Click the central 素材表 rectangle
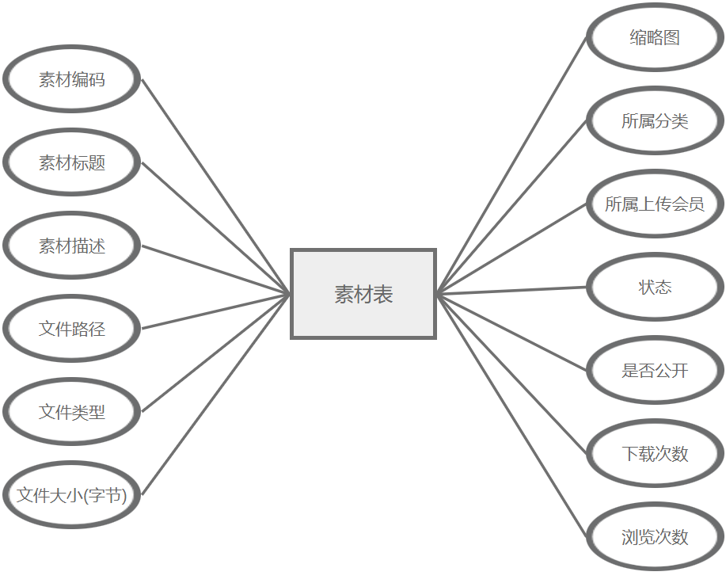tap(363, 294)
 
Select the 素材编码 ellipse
tap(72, 79)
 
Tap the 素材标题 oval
tap(72, 162)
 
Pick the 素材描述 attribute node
tap(72, 246)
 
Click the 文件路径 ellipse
tap(72, 328)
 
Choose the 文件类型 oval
tap(72, 411)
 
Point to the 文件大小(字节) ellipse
tap(72, 495)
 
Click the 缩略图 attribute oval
tap(655, 37)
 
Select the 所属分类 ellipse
tap(655, 120)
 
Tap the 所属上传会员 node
tap(655, 204)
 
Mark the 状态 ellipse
tap(655, 287)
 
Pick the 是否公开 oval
tap(655, 370)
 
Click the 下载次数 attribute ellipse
tap(655, 453)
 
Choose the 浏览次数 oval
tap(655, 536)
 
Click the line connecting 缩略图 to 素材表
tap(512, 165)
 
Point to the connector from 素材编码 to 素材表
tap(216, 187)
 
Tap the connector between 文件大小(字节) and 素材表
tap(216, 395)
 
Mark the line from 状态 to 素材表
tap(512, 290)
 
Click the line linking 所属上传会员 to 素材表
tap(512, 249)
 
